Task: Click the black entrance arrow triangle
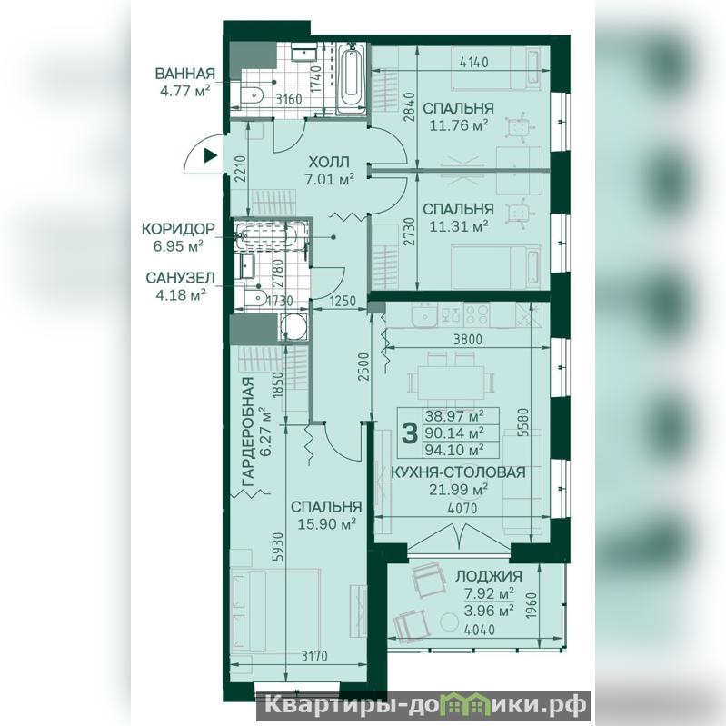[x=211, y=155]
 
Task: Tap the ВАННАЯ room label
[x=185, y=74]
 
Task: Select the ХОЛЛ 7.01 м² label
[x=329, y=170]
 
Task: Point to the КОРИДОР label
[x=178, y=229]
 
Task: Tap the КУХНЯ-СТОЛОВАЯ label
[x=458, y=472]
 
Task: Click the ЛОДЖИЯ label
[x=489, y=576]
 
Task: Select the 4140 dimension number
[x=475, y=62]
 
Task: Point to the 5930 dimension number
[x=277, y=547]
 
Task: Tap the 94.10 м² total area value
[x=454, y=449]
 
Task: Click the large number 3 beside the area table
[x=409, y=433]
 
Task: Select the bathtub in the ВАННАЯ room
[x=352, y=80]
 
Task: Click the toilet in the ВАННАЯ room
[x=252, y=94]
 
